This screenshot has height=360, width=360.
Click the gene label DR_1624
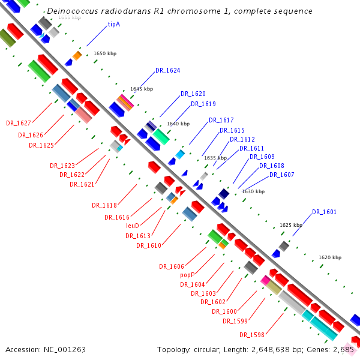(167, 70)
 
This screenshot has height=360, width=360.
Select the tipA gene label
(113, 25)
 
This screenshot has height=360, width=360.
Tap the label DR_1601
(324, 212)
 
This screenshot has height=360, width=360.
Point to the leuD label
(133, 226)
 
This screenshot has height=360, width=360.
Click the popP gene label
(187, 275)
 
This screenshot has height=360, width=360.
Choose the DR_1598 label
(251, 334)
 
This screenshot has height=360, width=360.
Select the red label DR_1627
(18, 123)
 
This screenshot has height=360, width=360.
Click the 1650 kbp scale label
(105, 53)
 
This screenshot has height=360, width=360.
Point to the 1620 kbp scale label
(329, 257)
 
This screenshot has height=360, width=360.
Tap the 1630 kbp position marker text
(253, 191)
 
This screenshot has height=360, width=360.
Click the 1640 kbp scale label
(178, 124)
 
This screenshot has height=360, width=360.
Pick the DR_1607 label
(281, 175)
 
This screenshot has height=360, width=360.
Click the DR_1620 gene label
(193, 94)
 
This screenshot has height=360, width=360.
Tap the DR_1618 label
(104, 205)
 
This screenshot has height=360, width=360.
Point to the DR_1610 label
(148, 245)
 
